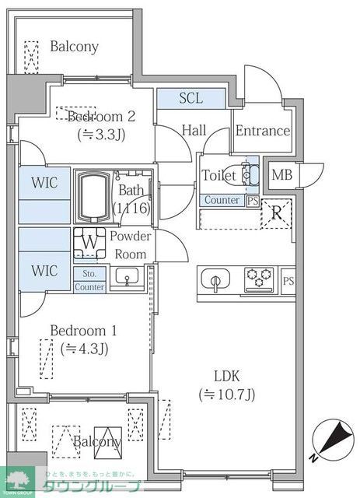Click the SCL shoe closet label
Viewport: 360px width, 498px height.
(x=190, y=98)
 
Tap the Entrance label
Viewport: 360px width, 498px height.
(x=262, y=131)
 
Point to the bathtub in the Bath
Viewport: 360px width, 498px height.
(x=94, y=195)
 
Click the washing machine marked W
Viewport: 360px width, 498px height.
(x=91, y=242)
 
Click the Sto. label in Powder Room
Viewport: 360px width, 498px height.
(x=89, y=273)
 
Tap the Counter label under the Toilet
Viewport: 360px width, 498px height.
(x=222, y=201)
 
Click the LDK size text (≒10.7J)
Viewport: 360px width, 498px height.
(x=226, y=394)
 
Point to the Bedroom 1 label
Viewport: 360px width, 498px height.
(x=82, y=330)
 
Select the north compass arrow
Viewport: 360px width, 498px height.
(x=331, y=436)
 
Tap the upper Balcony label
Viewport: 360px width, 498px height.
(x=74, y=47)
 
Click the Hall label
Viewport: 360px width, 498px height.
(x=194, y=131)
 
